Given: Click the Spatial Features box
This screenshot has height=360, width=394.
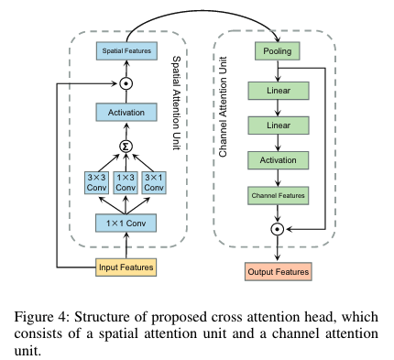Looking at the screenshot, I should [x=127, y=50].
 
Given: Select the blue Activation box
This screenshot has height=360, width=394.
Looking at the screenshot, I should [x=127, y=113].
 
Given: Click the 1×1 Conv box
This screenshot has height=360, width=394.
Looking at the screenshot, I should [x=127, y=223].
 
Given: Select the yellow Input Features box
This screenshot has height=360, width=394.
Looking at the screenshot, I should [x=127, y=267].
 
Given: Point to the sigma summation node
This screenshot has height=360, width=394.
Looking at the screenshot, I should [x=127, y=145].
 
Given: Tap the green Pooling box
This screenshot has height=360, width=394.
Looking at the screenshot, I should [x=276, y=51].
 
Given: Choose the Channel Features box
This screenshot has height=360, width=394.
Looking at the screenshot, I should [x=276, y=194].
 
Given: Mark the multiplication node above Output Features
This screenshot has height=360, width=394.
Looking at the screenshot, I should [x=276, y=228].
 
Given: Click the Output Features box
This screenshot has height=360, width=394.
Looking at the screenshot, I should [x=276, y=271].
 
